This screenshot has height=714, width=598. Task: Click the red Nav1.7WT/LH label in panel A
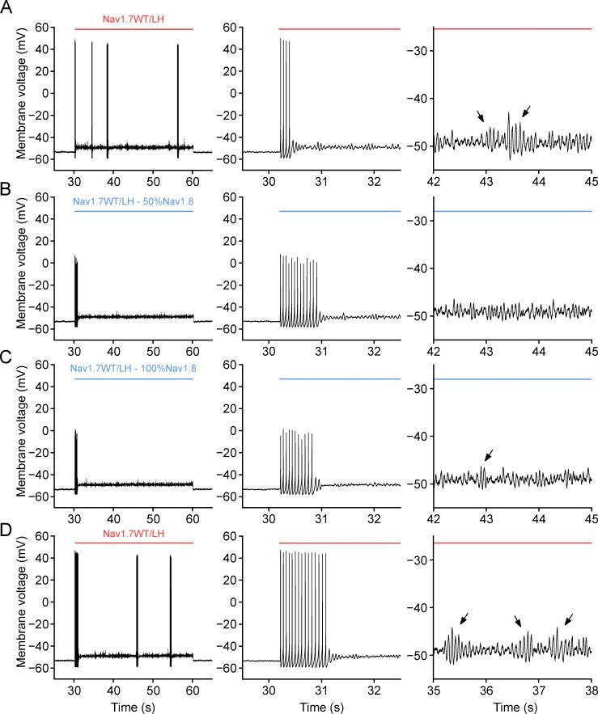[134, 18]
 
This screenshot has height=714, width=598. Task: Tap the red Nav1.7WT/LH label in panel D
[134, 532]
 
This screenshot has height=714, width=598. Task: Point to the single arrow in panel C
[488, 455]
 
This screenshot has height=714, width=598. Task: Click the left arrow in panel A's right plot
[481, 117]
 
